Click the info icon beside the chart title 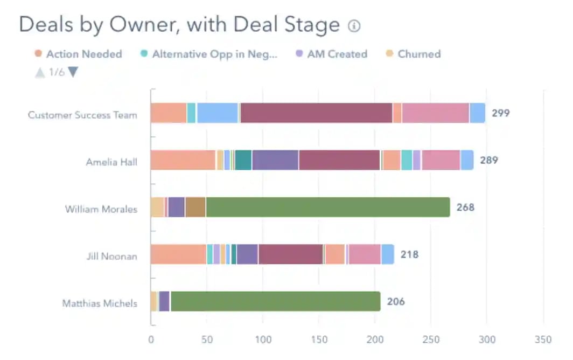pos(354,26)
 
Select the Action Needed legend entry pos(78,54)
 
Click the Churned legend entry pos(414,54)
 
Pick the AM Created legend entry pos(331,54)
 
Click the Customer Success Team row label pos(82,115)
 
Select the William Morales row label pos(101,209)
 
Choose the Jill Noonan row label pos(111,255)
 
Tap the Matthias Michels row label pos(100,303)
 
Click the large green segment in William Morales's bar pos(327,207)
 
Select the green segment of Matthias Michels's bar pos(275,301)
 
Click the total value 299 pos(500,113)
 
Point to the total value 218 pos(409,254)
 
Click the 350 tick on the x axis pos(543,340)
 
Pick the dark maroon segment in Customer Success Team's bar pos(316,113)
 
